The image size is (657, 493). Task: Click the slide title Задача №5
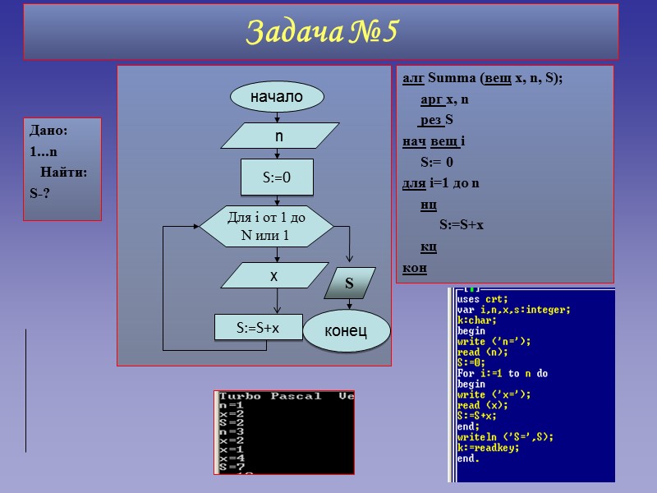point(321,33)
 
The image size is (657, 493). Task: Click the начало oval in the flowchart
point(277,97)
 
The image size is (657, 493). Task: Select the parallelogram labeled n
point(279,136)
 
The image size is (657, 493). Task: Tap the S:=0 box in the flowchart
point(277,177)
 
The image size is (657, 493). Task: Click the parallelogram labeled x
point(274,277)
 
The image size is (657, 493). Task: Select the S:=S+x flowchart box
point(258,327)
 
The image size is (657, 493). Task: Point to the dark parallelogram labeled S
point(349,283)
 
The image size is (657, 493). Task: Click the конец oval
point(346,330)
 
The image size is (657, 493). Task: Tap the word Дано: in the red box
point(48,130)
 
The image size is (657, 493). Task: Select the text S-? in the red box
point(40,194)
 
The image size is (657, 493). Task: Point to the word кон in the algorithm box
point(414,268)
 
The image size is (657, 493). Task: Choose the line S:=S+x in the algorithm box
point(462,224)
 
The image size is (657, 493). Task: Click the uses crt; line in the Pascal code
point(482,299)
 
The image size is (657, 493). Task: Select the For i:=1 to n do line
point(502,374)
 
